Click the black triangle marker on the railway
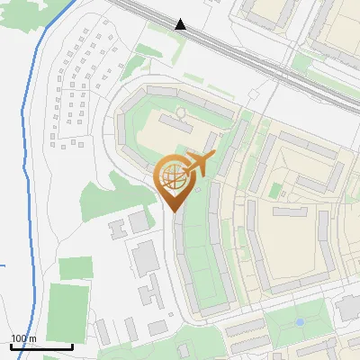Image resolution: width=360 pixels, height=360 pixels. (181, 24)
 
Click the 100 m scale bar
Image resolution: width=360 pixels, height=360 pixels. (41, 346)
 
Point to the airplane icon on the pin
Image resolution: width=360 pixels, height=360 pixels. (197, 165)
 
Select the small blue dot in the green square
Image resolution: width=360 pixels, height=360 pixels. (300, 321)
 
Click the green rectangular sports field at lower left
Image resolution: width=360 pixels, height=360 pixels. (68, 307)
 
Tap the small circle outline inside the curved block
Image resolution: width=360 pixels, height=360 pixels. (179, 113)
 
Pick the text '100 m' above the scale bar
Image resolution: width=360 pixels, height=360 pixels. (23, 338)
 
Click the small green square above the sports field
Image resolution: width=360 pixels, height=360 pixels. (76, 267)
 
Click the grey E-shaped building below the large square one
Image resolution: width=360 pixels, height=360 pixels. (148, 292)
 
